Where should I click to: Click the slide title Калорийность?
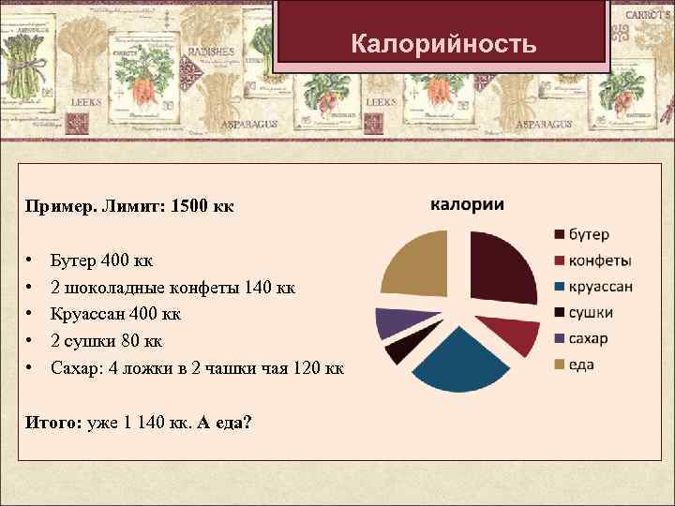point(443,44)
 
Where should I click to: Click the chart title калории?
point(467,205)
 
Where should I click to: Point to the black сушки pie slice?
point(398,348)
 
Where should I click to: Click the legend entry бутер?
point(588,234)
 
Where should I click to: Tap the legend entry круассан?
point(600,287)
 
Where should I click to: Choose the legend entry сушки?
point(591,312)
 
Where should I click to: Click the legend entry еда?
point(581,365)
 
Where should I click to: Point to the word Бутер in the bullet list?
point(71,258)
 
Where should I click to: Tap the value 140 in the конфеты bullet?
point(257,286)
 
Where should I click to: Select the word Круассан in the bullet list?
point(88,313)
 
